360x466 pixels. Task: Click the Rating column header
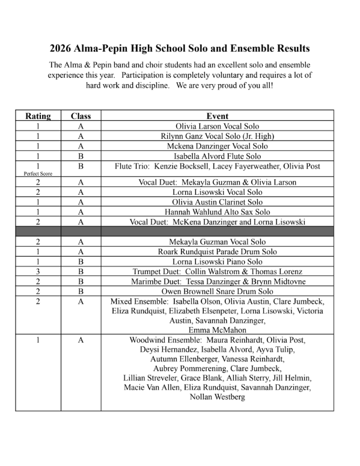pyautogui.click(x=38, y=116)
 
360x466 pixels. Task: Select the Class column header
pyautogui.click(x=81, y=116)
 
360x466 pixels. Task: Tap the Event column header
pyautogui.click(x=217, y=116)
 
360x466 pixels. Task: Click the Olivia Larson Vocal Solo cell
pyautogui.click(x=217, y=126)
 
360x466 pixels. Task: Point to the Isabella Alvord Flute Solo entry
pyautogui.click(x=217, y=156)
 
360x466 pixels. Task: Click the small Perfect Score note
pyautogui.click(x=38, y=173)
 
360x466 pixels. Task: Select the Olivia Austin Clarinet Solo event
pyautogui.click(x=217, y=202)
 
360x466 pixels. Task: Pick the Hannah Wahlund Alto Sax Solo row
pyautogui.click(x=217, y=212)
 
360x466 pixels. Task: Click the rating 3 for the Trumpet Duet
pyautogui.click(x=38, y=271)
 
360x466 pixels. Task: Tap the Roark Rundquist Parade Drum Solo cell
pyautogui.click(x=217, y=251)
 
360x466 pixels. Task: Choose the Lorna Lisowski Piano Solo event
pyautogui.click(x=217, y=262)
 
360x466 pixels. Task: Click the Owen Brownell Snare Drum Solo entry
pyautogui.click(x=217, y=291)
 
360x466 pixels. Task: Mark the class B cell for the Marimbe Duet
pyautogui.click(x=81, y=281)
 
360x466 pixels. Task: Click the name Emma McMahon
pyautogui.click(x=217, y=330)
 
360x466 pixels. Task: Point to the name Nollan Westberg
pyautogui.click(x=217, y=397)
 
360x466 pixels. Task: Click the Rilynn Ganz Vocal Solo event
pyautogui.click(x=217, y=136)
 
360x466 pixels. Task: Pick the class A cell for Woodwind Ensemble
pyautogui.click(x=81, y=340)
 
